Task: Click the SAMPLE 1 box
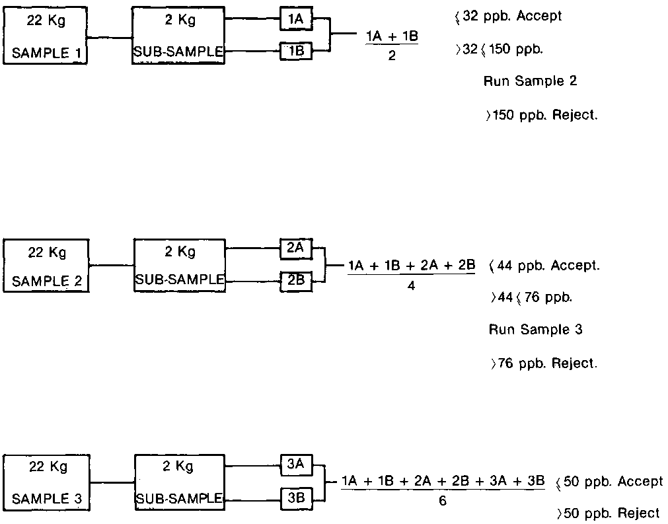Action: [46, 36]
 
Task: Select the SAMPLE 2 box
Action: [46, 266]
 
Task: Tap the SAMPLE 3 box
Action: [46, 482]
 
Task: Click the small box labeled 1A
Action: [295, 19]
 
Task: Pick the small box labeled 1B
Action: [295, 50]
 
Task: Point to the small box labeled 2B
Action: [295, 280]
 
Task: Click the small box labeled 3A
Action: [295, 465]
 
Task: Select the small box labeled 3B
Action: [295, 498]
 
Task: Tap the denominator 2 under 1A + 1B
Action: [392, 56]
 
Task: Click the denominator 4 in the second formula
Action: [412, 286]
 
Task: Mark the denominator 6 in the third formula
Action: [443, 502]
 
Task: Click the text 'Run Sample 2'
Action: [531, 81]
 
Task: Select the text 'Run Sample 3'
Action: [535, 329]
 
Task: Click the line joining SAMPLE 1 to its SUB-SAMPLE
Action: [110, 38]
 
